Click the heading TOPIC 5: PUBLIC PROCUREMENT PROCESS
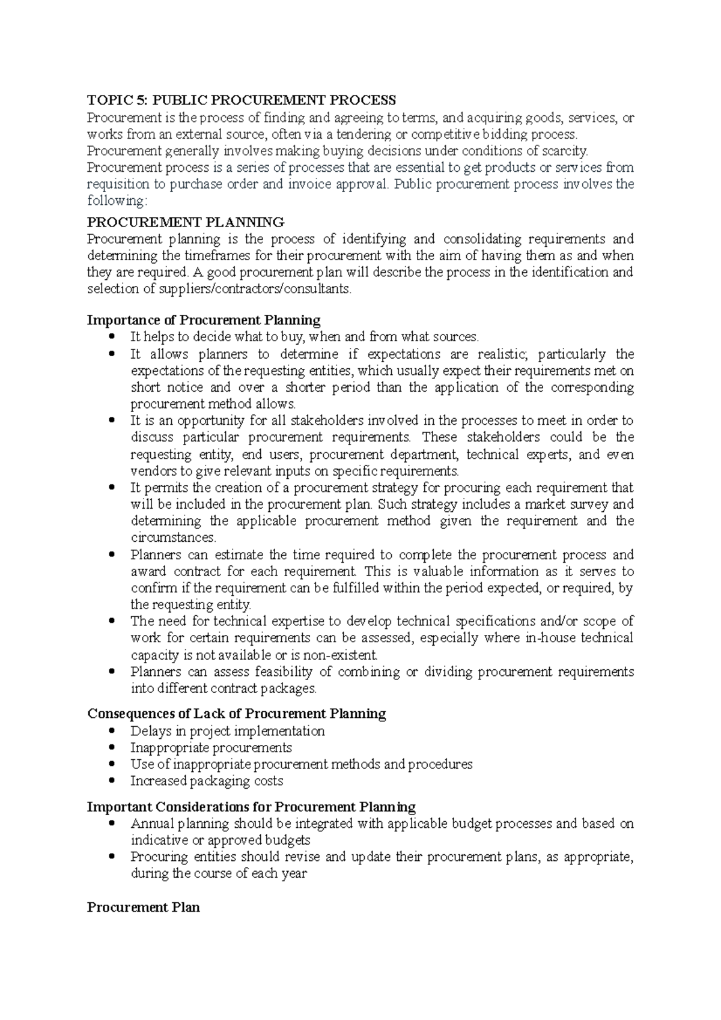tap(242, 100)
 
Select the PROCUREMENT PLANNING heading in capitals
tap(186, 222)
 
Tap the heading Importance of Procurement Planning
tap(204, 320)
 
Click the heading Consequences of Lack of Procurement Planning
tap(237, 714)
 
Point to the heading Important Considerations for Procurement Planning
tap(251, 806)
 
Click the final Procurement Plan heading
tap(143, 907)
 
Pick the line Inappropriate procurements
tap(211, 748)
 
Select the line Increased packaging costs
tap(206, 781)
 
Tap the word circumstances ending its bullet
tap(173, 538)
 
